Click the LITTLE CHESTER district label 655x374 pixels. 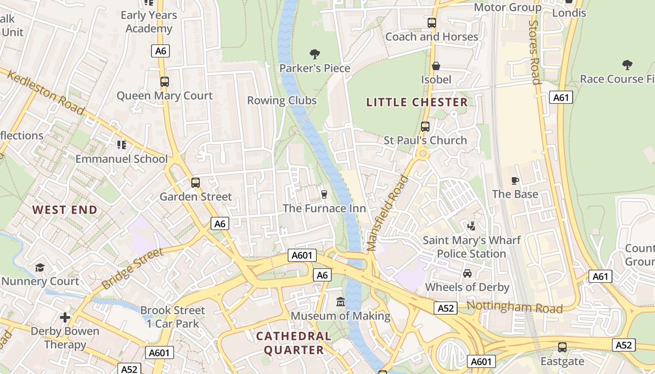pyautogui.click(x=416, y=102)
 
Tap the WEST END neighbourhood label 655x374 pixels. pyautogui.click(x=65, y=210)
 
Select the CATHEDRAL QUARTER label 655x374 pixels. pyautogui.click(x=294, y=343)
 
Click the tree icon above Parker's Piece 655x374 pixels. pyautogui.click(x=315, y=54)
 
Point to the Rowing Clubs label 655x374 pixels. pyautogui.click(x=282, y=101)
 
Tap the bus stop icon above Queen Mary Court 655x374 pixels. pyautogui.click(x=164, y=82)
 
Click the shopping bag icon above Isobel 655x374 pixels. pyautogui.click(x=436, y=66)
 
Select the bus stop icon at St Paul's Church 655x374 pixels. pyautogui.click(x=425, y=126)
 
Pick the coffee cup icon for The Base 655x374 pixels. pyautogui.click(x=515, y=180)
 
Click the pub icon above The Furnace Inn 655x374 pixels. pyautogui.click(x=324, y=194)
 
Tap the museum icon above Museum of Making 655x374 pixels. pyautogui.click(x=341, y=302)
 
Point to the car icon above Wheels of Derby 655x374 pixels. pyautogui.click(x=467, y=273)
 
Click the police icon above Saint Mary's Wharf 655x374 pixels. pyautogui.click(x=471, y=226)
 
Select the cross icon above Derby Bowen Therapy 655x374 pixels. pyautogui.click(x=65, y=317)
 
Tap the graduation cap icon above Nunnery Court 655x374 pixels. pyautogui.click(x=40, y=267)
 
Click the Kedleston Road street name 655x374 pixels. pyautogui.click(x=46, y=94)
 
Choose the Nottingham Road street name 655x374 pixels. pyautogui.click(x=514, y=307)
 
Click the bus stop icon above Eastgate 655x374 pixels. pyautogui.click(x=562, y=347)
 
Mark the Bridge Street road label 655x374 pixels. pyautogui.click(x=132, y=268)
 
